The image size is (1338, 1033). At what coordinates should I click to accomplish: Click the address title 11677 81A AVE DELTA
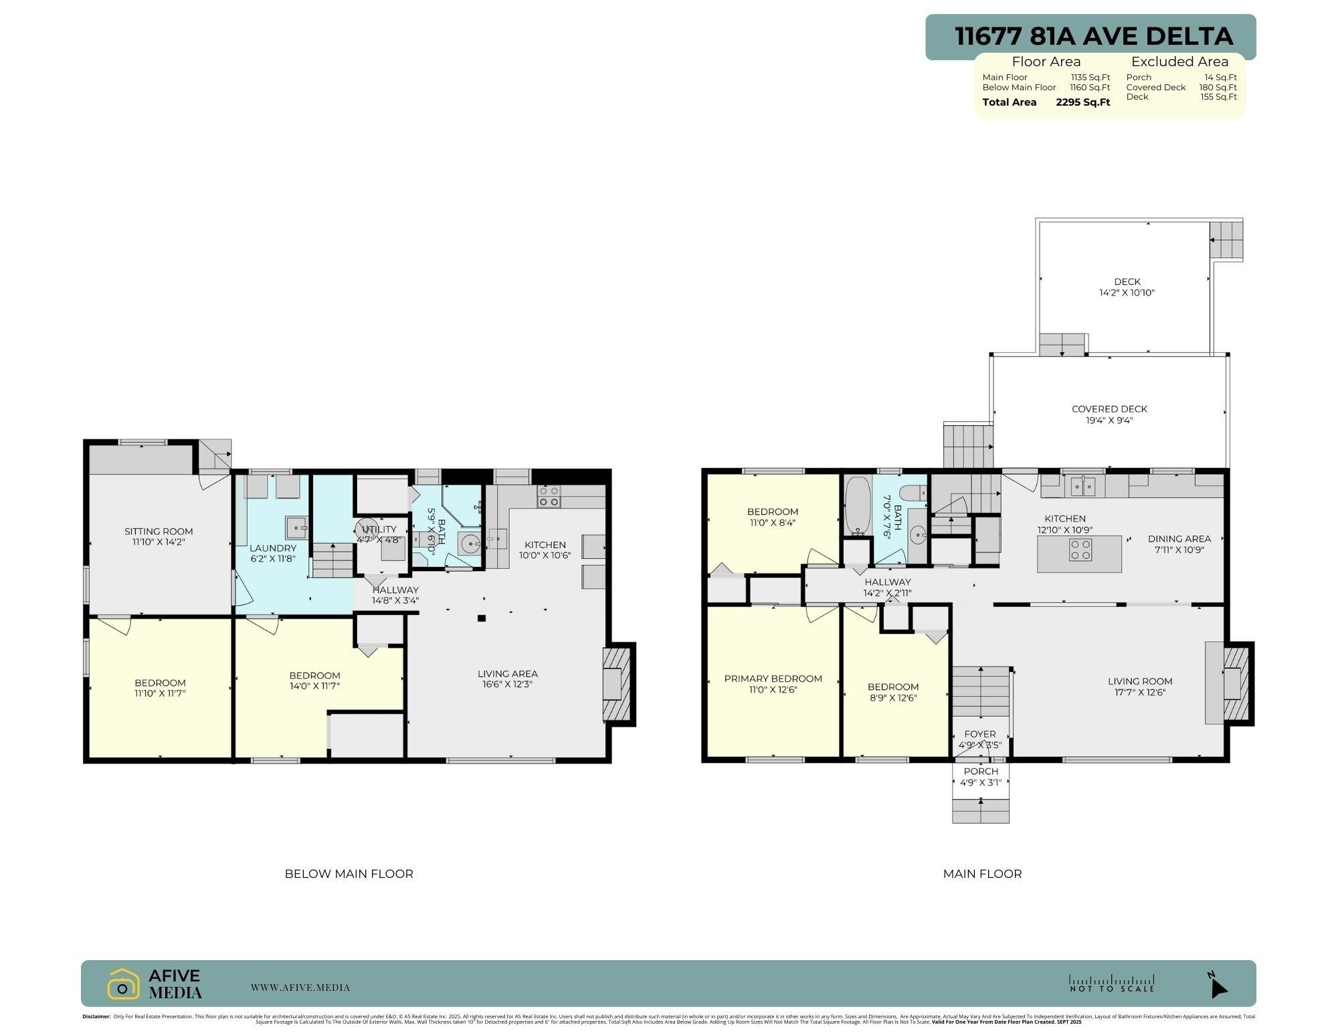(1093, 36)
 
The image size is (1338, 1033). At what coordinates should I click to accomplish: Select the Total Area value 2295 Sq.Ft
(1082, 102)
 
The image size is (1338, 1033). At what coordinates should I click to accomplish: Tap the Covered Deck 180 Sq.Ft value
(1218, 88)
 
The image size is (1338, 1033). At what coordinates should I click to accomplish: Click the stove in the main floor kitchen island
(1080, 550)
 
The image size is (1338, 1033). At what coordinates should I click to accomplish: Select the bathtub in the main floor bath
(857, 506)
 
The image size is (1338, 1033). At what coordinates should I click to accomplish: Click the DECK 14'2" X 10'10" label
(1127, 287)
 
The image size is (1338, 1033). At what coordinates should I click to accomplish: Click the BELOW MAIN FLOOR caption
(349, 874)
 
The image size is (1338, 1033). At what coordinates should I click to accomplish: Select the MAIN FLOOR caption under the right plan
(982, 874)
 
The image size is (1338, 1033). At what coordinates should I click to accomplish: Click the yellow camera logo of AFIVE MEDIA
(122, 984)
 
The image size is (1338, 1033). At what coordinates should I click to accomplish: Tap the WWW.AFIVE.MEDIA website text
(300, 988)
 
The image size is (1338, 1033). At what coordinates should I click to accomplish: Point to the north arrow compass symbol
(1218, 986)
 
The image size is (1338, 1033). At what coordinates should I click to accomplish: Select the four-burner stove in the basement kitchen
(549, 497)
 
